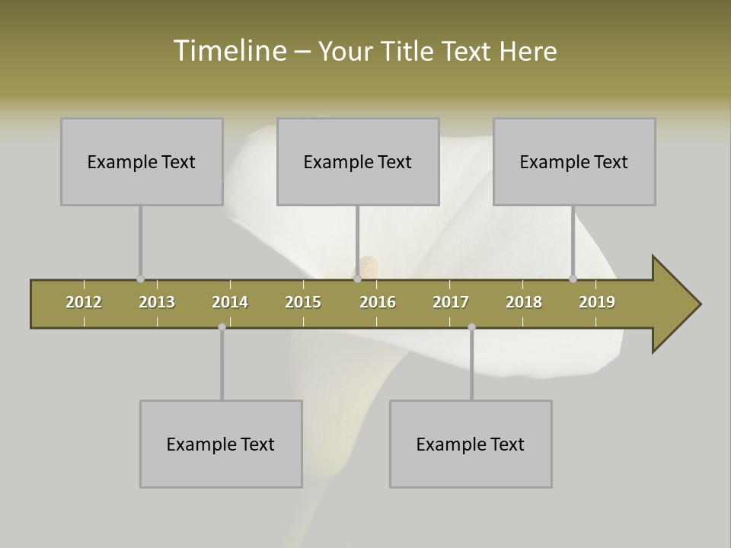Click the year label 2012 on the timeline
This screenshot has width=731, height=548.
pos(84,302)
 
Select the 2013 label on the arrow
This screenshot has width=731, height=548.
pos(157,302)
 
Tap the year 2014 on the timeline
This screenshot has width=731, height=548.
pos(230,302)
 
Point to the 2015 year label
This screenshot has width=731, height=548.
pos(303,302)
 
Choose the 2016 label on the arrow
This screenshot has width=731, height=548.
pos(378,302)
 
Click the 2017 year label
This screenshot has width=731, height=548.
pos(451,302)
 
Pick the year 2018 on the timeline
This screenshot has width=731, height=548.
pos(524,302)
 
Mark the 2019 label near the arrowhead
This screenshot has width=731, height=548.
pos(597,302)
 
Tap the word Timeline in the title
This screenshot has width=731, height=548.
pos(229,51)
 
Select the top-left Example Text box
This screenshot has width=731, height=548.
pos(142,161)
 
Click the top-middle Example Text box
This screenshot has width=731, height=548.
pos(358,161)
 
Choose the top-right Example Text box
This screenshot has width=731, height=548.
pos(574,161)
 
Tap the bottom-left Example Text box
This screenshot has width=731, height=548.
pos(221,444)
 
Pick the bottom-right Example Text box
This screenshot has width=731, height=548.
pos(471,444)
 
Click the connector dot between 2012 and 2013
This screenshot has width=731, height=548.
pos(140,279)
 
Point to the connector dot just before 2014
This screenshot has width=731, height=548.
pos(222,327)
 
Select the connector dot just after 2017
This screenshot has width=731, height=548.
pos(471,327)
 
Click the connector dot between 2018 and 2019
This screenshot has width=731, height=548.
pos(573,279)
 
